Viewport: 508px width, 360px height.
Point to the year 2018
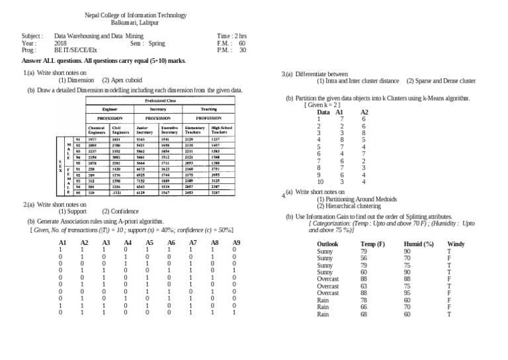pyautogui.click(x=60, y=42)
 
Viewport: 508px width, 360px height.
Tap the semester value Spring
pyautogui.click(x=157, y=42)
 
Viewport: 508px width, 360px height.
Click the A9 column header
pyautogui.click(x=236, y=244)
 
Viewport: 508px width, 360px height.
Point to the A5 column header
pyautogui.click(x=149, y=244)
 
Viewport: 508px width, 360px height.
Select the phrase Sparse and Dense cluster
pyautogui.click(x=441, y=81)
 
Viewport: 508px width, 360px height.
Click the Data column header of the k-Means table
pyautogui.click(x=323, y=112)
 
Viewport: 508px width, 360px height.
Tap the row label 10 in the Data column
pyautogui.click(x=320, y=181)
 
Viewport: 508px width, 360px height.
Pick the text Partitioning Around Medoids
pyautogui.click(x=357, y=199)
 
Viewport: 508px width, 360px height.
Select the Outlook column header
pyautogui.click(x=328, y=244)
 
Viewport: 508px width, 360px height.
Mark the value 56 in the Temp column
pyautogui.click(x=364, y=259)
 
